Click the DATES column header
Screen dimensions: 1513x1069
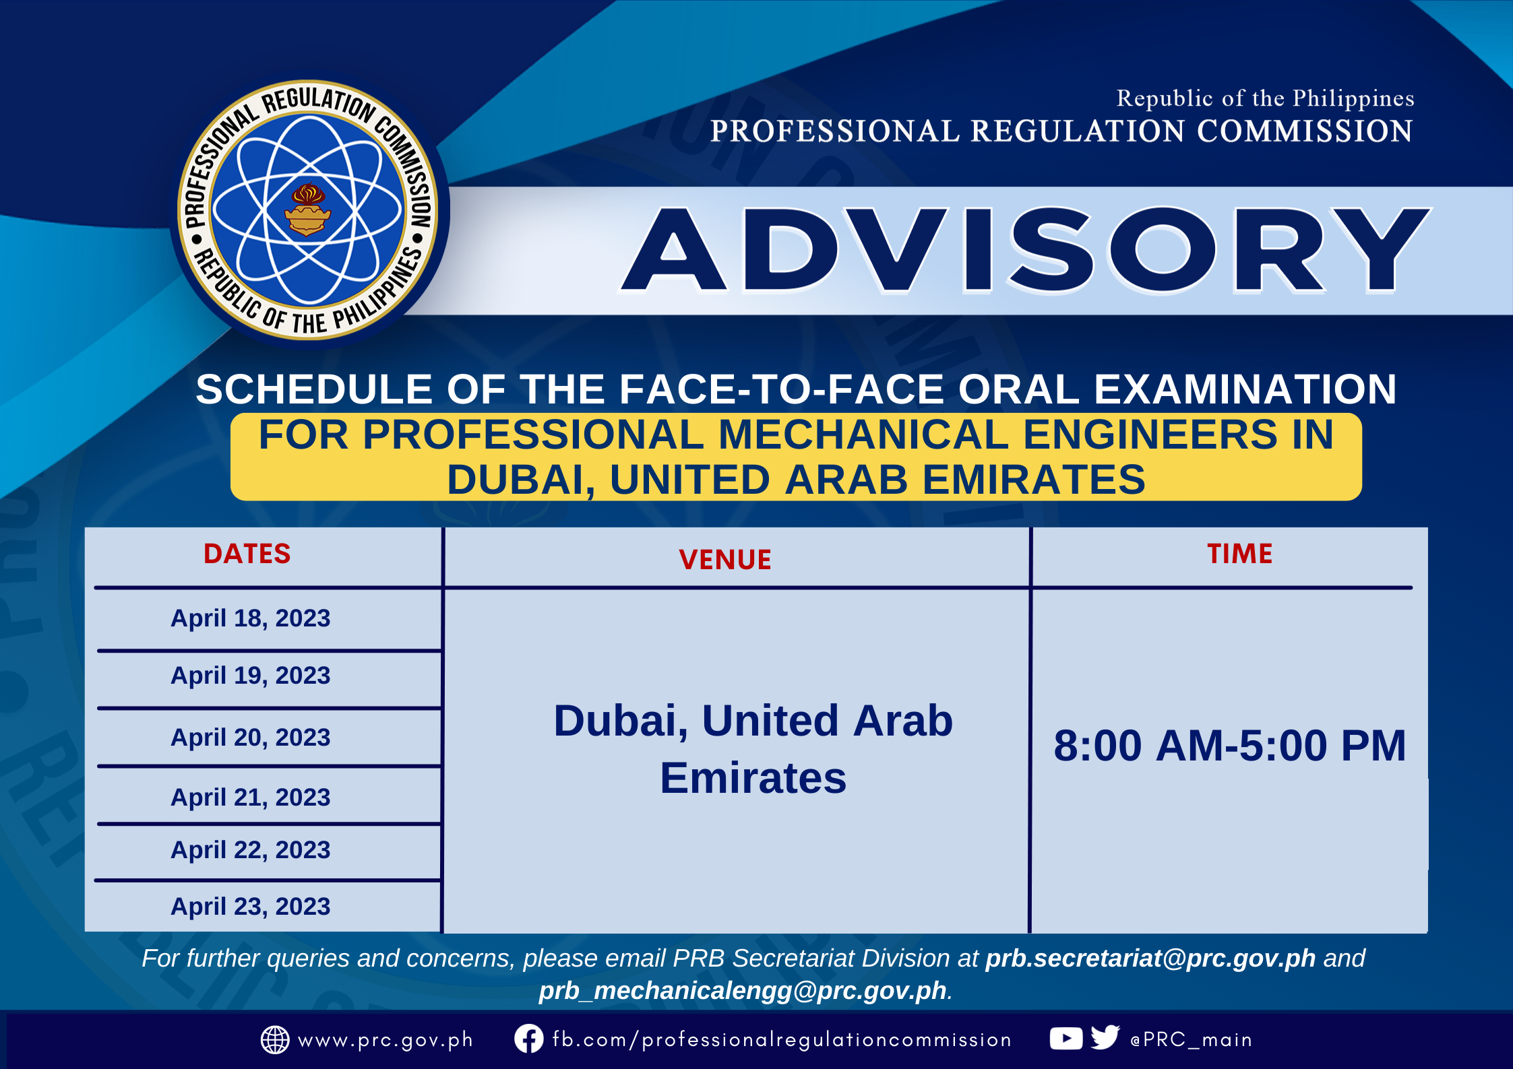pos(247,554)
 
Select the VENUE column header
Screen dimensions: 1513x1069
pos(725,560)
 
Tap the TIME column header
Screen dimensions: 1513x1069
pos(1240,554)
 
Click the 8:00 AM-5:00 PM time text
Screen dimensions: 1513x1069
pos(1230,746)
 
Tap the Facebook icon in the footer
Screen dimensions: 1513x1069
pos(529,1039)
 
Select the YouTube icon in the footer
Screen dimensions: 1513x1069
pos(1066,1039)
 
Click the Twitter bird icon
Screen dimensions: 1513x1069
pos(1105,1037)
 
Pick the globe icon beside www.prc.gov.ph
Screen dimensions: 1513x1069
pos(275,1040)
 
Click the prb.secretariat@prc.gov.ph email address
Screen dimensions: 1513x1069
pos(1150,958)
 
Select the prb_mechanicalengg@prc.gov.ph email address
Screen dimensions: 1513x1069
pos(743,991)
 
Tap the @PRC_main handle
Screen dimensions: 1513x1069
pos(1191,1039)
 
